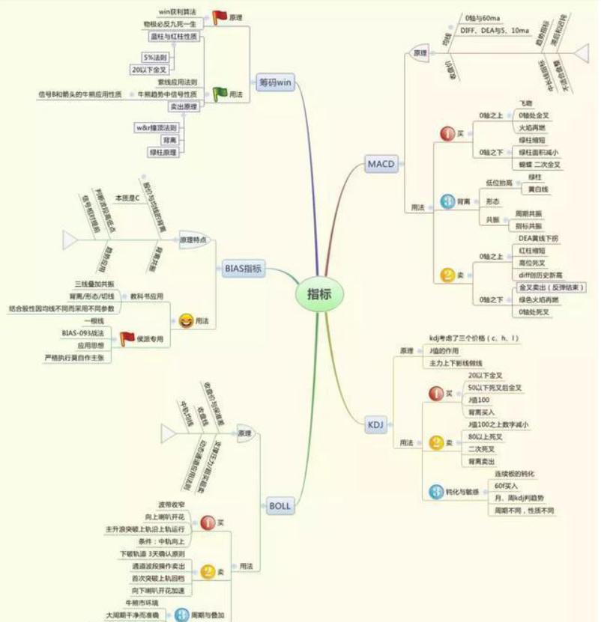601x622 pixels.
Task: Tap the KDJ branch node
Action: click(375, 425)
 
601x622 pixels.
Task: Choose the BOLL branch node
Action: click(279, 506)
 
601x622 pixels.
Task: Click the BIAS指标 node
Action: click(244, 268)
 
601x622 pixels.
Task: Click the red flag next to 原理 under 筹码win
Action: click(219, 16)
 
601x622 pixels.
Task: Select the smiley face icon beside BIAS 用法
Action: click(184, 320)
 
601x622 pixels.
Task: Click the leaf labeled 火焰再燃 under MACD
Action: click(534, 127)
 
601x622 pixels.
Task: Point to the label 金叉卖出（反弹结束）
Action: click(552, 287)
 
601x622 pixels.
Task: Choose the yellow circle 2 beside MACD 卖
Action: click(447, 275)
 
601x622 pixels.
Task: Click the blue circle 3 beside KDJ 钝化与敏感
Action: click(436, 492)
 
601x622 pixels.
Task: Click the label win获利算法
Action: click(177, 12)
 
